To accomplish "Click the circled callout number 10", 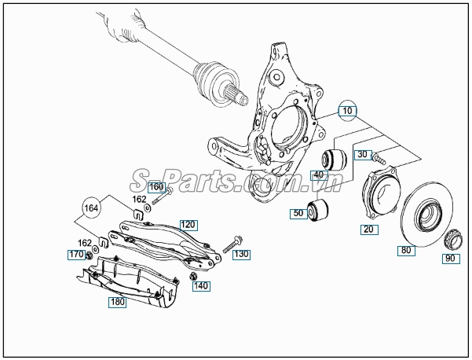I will tap(347, 112).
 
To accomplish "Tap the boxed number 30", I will tap(361, 155).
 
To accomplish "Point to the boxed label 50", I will tap(298, 214).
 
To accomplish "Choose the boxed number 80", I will tap(405, 252).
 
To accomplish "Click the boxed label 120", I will tap(187, 224).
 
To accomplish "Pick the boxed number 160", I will tap(156, 187).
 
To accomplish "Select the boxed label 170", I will tap(75, 255).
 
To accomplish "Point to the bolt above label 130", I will tap(235, 243).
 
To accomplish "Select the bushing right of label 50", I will tap(320, 210).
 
